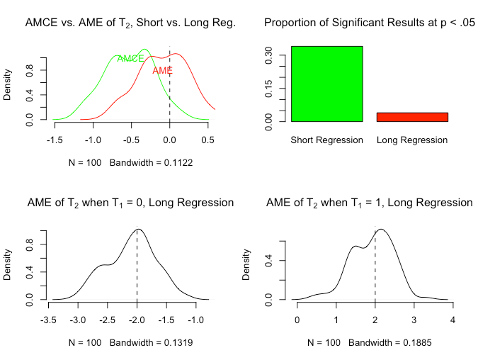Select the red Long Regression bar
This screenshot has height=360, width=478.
click(412, 117)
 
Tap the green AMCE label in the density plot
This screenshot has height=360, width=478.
click(130, 59)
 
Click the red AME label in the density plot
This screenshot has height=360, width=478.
click(162, 70)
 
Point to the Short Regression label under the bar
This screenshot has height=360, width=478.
click(326, 140)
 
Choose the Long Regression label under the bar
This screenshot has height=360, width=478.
click(412, 140)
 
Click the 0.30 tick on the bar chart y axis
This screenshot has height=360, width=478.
click(268, 55)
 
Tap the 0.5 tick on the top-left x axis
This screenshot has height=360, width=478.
click(208, 140)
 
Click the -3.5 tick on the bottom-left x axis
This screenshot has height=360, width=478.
click(49, 320)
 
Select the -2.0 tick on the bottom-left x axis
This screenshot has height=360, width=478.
click(137, 320)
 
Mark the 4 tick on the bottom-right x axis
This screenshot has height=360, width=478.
click(453, 320)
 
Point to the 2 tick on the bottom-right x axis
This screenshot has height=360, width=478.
click(375, 320)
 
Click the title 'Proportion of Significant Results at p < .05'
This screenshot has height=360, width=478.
click(369, 23)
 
